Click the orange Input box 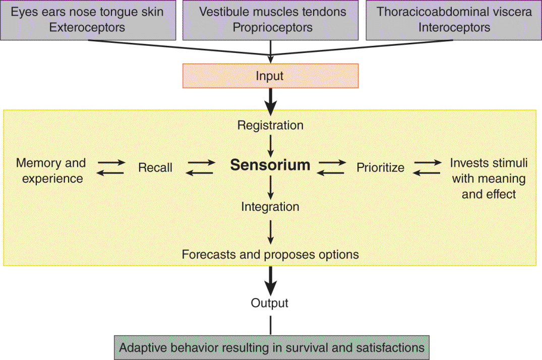(270, 76)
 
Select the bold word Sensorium (270, 165)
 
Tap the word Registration (270, 125)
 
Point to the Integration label (270, 207)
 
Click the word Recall (155, 167)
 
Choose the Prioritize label (381, 167)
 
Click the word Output (270, 303)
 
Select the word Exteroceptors (88, 28)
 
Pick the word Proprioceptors (272, 28)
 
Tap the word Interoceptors (454, 28)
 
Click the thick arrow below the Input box (271, 99)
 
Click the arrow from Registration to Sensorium (271, 145)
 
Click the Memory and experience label (51, 170)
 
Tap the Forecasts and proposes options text (270, 255)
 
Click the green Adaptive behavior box (272, 347)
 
